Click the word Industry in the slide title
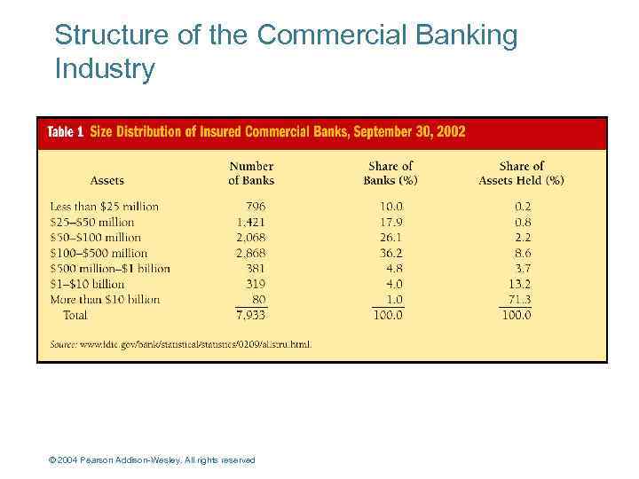105,68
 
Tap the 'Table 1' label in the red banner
65,132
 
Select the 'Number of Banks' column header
251,173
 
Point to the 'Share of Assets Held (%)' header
521,173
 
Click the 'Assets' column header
107,180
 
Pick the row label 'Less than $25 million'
104,207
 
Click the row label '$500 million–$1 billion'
109,269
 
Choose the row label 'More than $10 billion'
105,300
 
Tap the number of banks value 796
256,207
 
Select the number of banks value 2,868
250,253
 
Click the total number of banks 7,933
250,315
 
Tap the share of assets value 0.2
522,207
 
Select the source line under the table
180,344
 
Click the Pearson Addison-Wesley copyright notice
152,460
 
